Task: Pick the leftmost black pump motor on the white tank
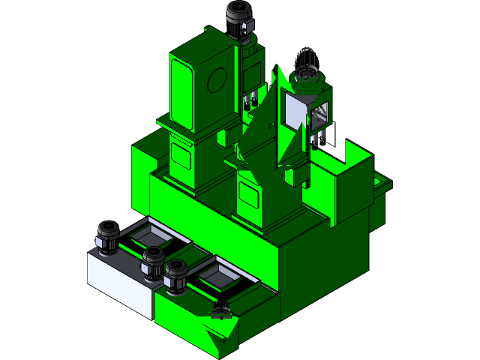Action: coord(106,237)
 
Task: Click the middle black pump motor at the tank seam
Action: coord(154,262)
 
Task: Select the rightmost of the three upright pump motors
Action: coord(177,274)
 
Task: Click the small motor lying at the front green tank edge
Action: coord(221,308)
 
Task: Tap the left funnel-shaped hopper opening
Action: coord(148,238)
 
